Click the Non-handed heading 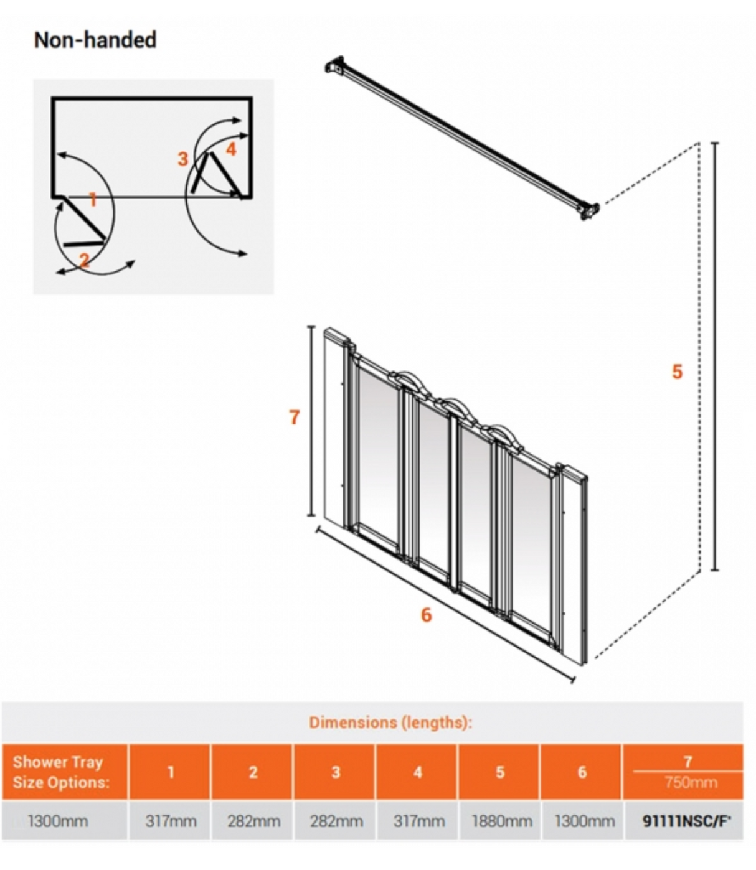(x=95, y=40)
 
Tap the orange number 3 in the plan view (x=182, y=159)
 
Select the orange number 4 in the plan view (x=231, y=149)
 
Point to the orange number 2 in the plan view (x=84, y=260)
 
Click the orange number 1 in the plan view (x=93, y=200)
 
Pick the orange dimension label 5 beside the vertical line (x=677, y=372)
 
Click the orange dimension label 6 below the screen (x=426, y=615)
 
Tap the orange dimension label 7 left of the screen (x=295, y=417)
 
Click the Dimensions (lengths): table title (x=390, y=723)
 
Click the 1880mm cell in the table (x=501, y=821)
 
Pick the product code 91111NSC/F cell (x=686, y=821)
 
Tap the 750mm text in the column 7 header (x=690, y=783)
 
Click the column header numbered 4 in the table (x=418, y=772)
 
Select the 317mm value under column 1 (x=171, y=821)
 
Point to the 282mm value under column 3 (x=336, y=821)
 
